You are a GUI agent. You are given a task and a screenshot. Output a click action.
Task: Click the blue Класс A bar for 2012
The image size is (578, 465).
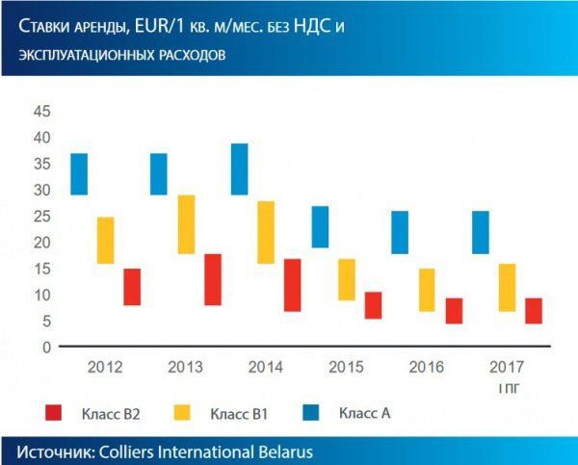(79, 174)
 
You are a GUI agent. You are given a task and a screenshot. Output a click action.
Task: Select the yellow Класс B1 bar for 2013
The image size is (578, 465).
(187, 224)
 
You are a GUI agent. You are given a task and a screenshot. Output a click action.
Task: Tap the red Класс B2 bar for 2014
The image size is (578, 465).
(293, 285)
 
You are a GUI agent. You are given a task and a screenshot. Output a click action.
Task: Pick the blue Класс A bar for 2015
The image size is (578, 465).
(320, 227)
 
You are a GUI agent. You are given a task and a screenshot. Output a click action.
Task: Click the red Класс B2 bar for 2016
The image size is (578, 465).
(454, 311)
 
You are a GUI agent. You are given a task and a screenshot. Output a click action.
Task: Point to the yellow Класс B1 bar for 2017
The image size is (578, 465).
(508, 287)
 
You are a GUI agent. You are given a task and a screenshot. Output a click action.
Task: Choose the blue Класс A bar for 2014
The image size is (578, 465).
(239, 169)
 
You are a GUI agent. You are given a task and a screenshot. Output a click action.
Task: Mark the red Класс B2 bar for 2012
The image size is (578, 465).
(132, 287)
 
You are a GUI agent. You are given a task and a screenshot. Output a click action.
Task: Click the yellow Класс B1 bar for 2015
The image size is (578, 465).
(347, 279)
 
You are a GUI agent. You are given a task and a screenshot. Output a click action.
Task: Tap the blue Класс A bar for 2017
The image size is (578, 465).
(481, 232)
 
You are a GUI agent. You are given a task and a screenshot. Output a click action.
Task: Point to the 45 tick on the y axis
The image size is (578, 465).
(41, 112)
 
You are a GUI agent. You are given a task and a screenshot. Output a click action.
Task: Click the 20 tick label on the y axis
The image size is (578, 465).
(41, 243)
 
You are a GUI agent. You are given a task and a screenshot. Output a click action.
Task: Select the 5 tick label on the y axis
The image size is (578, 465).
(45, 322)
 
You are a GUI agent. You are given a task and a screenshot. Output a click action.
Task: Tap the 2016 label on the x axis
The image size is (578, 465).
(427, 367)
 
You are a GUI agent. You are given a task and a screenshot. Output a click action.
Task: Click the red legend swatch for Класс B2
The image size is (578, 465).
(55, 413)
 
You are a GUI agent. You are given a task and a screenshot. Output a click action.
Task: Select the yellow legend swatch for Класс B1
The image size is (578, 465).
(182, 413)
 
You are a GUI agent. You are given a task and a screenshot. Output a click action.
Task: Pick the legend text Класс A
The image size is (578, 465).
(365, 413)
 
